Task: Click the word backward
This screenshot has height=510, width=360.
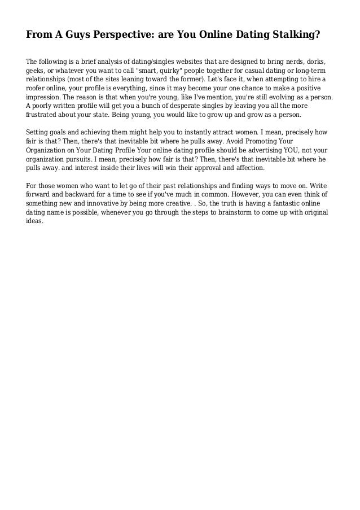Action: coord(81,194)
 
